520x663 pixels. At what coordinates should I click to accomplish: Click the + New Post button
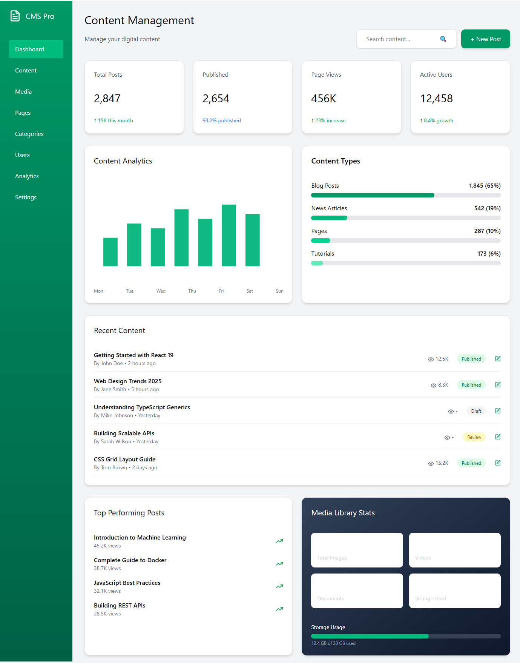485,39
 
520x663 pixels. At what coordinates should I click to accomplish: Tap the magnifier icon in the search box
443,39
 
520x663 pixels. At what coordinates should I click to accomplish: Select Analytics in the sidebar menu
27,176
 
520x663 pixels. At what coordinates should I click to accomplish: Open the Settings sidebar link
26,197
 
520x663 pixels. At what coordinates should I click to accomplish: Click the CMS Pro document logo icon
15,16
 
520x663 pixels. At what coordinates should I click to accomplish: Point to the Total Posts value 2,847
107,99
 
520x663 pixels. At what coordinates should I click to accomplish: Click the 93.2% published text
221,121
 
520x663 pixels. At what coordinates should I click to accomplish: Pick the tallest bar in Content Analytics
229,235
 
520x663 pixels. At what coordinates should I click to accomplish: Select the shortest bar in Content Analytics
110,252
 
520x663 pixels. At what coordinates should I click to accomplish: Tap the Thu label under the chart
192,291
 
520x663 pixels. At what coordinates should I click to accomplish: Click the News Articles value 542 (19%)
487,208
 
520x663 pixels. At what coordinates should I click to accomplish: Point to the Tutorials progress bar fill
317,263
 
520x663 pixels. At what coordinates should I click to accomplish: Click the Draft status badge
476,411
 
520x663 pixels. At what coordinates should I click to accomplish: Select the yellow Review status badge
474,437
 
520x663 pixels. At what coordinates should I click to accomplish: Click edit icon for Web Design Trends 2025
498,385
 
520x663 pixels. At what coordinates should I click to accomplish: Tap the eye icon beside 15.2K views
431,464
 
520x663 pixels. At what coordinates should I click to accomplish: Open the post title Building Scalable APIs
124,433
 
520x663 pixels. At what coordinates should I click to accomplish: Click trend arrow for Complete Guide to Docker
279,564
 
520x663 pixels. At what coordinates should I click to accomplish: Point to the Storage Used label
430,599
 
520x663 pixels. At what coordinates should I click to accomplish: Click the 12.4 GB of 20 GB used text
333,643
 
